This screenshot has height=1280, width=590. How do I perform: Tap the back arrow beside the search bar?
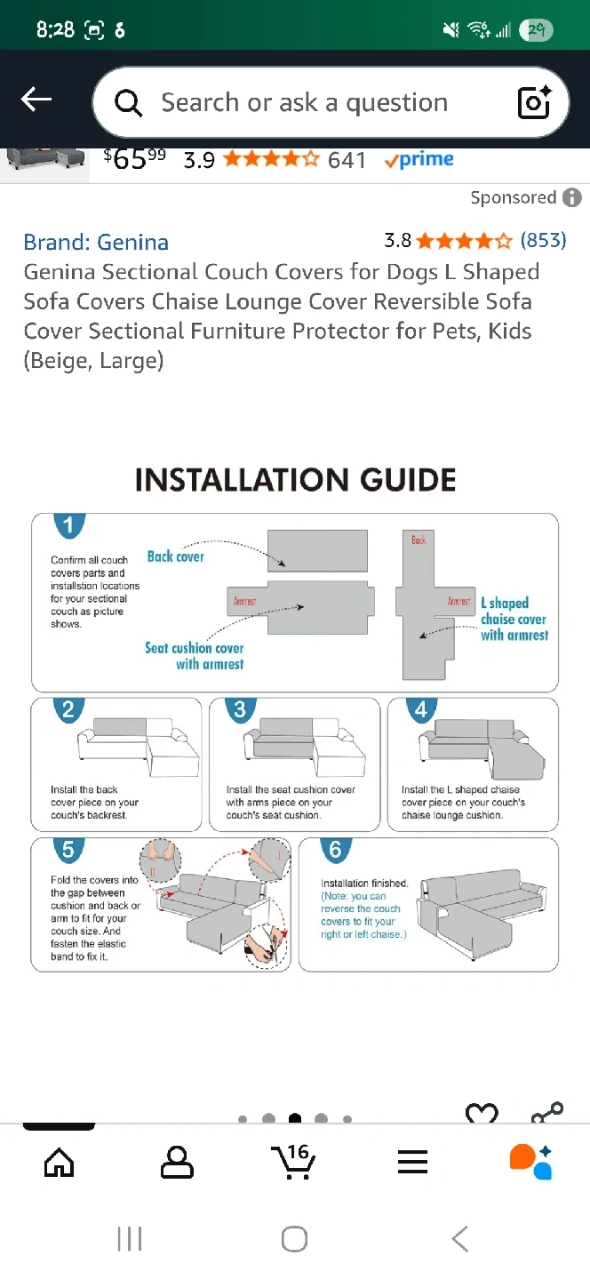[x=36, y=100]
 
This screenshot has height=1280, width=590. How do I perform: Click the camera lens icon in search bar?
[x=534, y=103]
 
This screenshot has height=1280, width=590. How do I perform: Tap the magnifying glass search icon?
[x=129, y=103]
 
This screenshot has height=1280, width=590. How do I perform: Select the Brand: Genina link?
[x=96, y=242]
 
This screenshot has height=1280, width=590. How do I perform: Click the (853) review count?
[x=543, y=240]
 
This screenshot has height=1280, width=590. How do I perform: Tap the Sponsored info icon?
[x=573, y=197]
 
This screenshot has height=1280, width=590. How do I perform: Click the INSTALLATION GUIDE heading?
[x=295, y=480]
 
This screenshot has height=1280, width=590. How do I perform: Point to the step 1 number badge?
[x=68, y=524]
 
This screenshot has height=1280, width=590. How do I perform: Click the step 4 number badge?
[x=421, y=709]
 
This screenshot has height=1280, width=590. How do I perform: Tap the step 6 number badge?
[x=335, y=850]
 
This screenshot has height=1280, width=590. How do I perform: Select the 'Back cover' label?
[x=175, y=556]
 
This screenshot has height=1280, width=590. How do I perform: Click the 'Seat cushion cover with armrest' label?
[x=195, y=656]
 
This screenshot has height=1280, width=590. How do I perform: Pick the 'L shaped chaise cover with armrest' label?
[x=514, y=619]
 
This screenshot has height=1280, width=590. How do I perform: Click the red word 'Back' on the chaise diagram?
[x=419, y=540]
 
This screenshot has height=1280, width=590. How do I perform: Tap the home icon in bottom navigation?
[x=60, y=1161]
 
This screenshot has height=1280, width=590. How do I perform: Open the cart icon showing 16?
[x=294, y=1161]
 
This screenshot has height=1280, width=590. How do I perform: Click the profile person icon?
[x=177, y=1161]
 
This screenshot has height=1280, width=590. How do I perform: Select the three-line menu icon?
[x=412, y=1161]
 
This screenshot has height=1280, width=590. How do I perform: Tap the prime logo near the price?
[x=419, y=160]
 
